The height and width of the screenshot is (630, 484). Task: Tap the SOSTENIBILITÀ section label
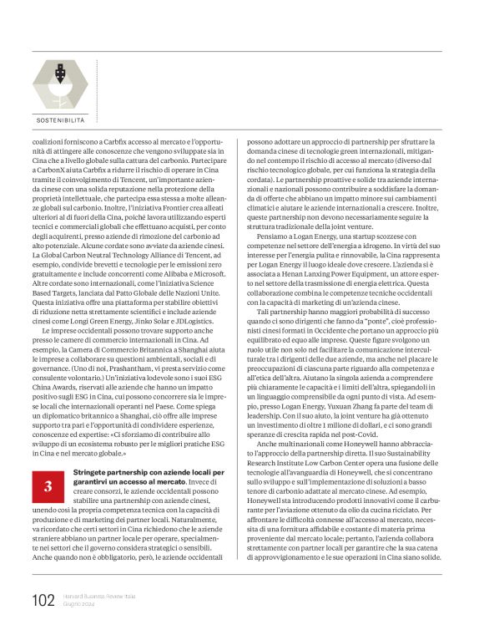coord(60,120)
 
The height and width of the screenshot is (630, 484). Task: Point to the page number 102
coord(43,600)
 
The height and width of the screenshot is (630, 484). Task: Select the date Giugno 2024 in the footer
coord(79,605)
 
